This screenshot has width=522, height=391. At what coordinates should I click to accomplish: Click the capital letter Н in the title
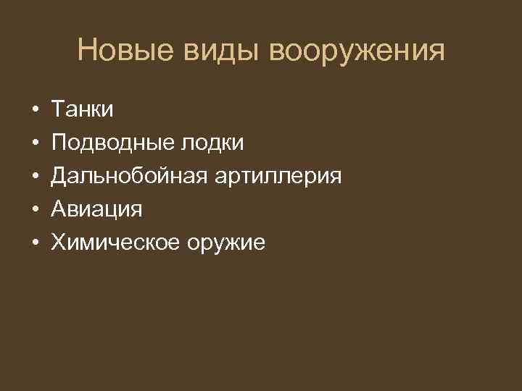(87, 51)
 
